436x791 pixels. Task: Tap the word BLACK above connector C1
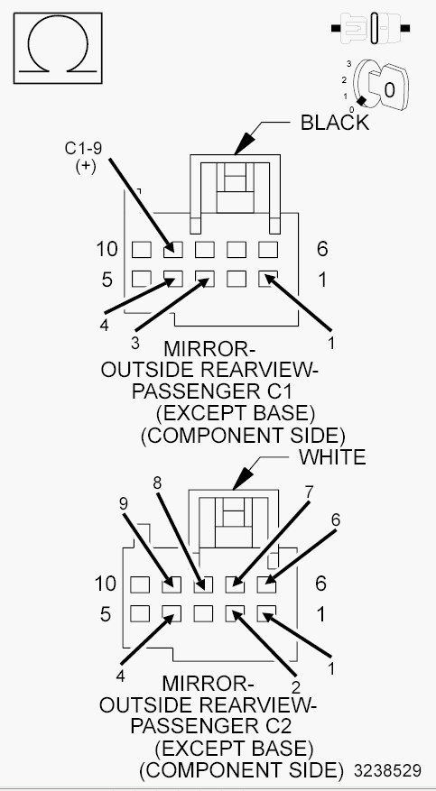pos(335,123)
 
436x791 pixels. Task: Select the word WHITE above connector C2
pos(332,457)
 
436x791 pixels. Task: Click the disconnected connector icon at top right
pos(370,29)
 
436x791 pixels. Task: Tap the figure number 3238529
pos(387,771)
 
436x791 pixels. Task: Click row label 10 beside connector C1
pos(107,249)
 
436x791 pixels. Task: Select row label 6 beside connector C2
pos(321,584)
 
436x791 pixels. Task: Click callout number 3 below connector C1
pos(135,343)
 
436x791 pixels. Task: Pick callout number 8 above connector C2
pos(157,483)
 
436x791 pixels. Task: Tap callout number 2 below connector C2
pos(296,686)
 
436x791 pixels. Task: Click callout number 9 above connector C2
pos(125,504)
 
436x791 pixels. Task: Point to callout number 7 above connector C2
pos(310,491)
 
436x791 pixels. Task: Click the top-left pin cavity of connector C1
pos(142,249)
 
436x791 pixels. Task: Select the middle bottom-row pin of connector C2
pos(203,614)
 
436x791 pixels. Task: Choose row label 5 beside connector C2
pos(106,614)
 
